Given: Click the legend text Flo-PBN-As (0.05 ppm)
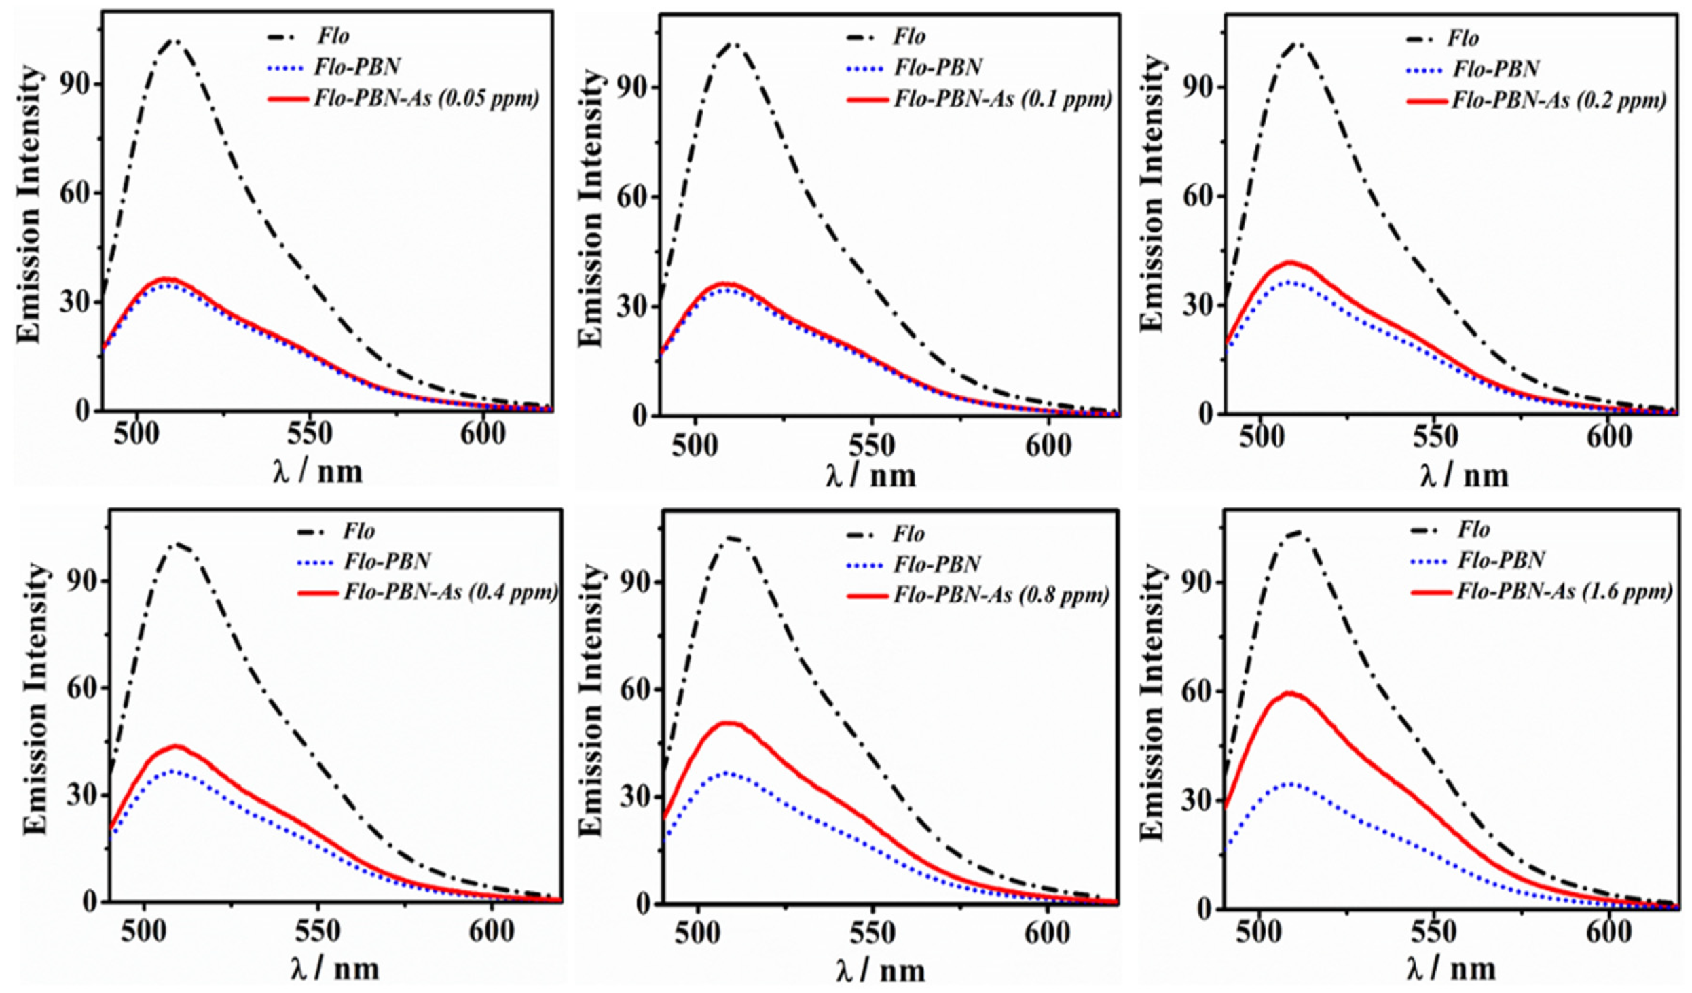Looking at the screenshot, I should tap(426, 99).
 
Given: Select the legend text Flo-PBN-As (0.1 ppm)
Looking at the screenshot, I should tap(1003, 100).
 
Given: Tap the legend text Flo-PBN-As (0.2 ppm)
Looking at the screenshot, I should tap(1559, 101).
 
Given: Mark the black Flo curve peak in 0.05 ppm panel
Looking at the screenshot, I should tap(174, 41).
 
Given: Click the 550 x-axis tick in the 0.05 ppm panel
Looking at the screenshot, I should tap(310, 434).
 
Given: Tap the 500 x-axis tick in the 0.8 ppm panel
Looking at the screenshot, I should tap(697, 933).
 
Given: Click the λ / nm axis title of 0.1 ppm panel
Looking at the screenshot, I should tap(871, 475).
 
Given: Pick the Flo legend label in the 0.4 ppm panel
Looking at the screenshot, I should tap(359, 531).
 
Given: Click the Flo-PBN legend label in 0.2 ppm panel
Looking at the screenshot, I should tap(1496, 69).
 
